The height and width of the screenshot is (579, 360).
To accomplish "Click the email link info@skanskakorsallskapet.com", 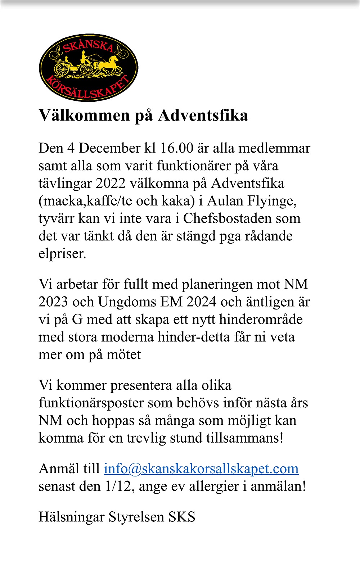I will coord(201,469).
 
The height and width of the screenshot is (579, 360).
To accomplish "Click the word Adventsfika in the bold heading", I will coord(203,116).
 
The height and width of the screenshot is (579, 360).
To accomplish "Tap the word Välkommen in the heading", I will coord(84,116).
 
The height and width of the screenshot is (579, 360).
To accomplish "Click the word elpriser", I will coord(62,254).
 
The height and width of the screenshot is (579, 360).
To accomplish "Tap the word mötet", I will coord(124,355).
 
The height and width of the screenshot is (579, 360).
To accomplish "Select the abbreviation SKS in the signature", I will coord(182,517).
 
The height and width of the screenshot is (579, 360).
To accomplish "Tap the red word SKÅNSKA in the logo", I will coord(89,47).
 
